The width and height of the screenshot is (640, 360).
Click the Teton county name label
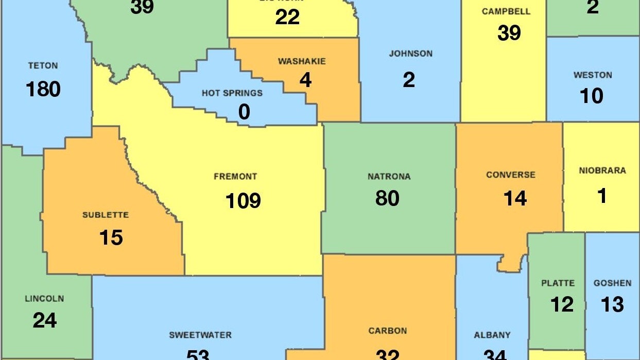[x=43, y=66]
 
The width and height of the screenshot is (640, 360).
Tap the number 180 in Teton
[x=43, y=89]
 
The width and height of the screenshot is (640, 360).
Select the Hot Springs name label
[x=232, y=93]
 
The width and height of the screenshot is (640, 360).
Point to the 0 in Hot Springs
[x=244, y=112]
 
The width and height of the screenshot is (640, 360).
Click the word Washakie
[x=302, y=61]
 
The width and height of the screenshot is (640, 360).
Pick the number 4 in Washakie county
[x=306, y=80]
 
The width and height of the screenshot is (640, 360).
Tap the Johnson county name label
[x=410, y=54]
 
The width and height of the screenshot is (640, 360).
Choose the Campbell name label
[x=506, y=11]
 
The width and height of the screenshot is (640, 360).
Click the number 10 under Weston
[x=591, y=96]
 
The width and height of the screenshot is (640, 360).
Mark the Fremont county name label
[x=235, y=177]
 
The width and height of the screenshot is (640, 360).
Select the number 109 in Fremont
[x=243, y=200]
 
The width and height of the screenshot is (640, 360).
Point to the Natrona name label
[x=389, y=177]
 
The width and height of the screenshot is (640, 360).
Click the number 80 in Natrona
[x=387, y=198]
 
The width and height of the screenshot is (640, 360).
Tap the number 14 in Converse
[x=515, y=198]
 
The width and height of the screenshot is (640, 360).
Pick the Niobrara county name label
[x=602, y=170]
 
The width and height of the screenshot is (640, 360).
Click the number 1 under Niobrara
[x=601, y=196]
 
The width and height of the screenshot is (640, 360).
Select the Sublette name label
[x=106, y=215]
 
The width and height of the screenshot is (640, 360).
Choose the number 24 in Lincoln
[x=45, y=320]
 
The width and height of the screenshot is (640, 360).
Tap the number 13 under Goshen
[x=612, y=304]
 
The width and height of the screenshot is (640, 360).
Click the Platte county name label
[x=558, y=283]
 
